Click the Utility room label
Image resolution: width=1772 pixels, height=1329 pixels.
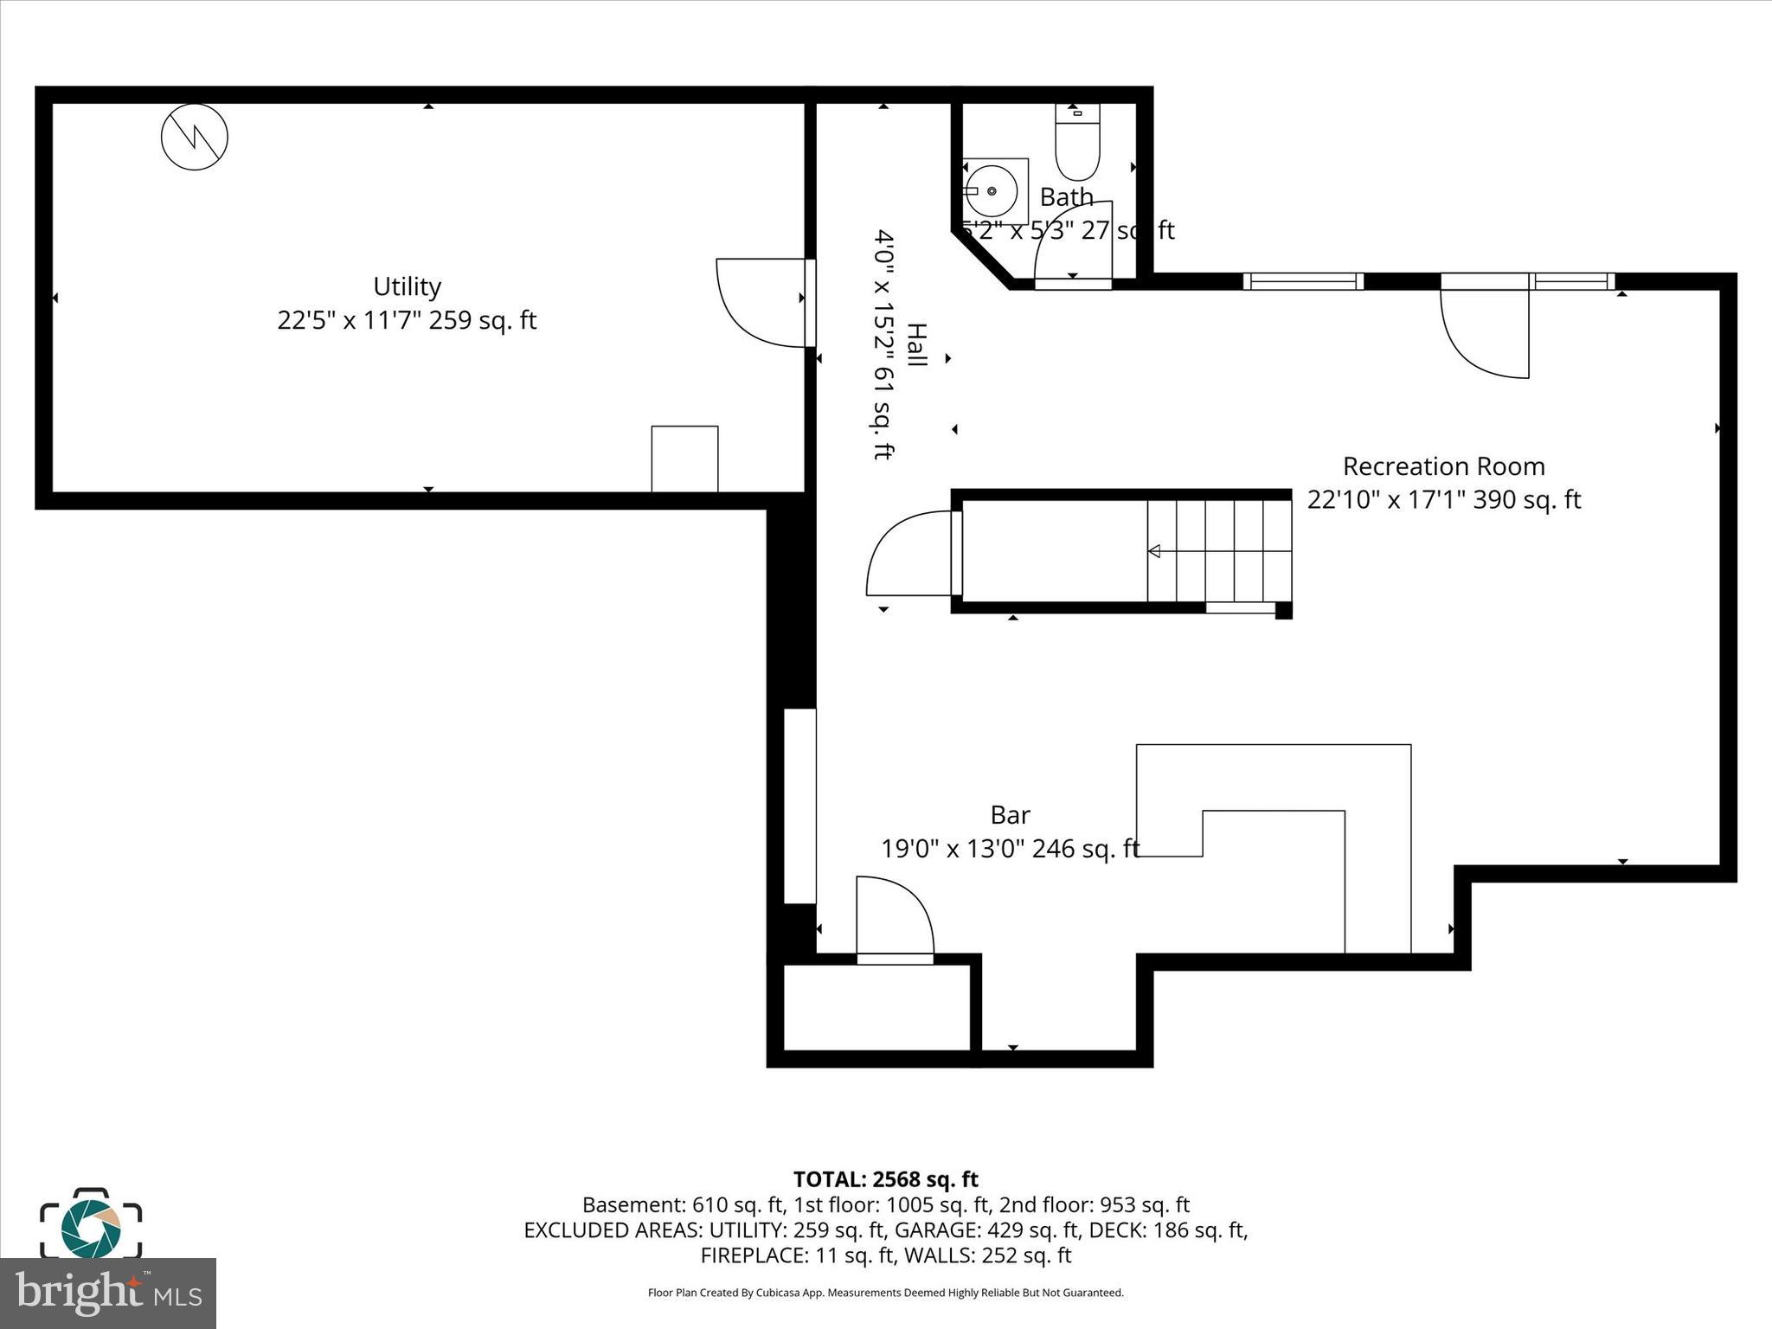tap(407, 286)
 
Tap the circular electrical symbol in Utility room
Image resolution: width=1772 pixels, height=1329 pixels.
tap(195, 137)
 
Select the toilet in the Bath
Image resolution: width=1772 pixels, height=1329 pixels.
tap(1077, 143)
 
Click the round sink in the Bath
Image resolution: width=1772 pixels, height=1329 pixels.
tap(992, 191)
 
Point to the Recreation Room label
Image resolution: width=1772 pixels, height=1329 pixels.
tap(1443, 466)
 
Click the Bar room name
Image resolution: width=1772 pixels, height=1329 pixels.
tap(1010, 815)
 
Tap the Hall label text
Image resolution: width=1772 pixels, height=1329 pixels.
tap(915, 344)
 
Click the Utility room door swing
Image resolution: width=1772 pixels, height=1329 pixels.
tap(761, 303)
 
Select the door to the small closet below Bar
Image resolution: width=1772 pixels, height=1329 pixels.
tap(895, 917)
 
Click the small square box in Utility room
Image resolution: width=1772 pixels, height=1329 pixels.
tap(684, 459)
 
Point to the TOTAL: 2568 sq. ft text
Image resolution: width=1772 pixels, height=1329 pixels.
tap(885, 1179)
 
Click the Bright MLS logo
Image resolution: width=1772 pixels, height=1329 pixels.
tap(108, 1293)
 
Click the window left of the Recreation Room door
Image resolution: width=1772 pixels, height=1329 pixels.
tap(1303, 281)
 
